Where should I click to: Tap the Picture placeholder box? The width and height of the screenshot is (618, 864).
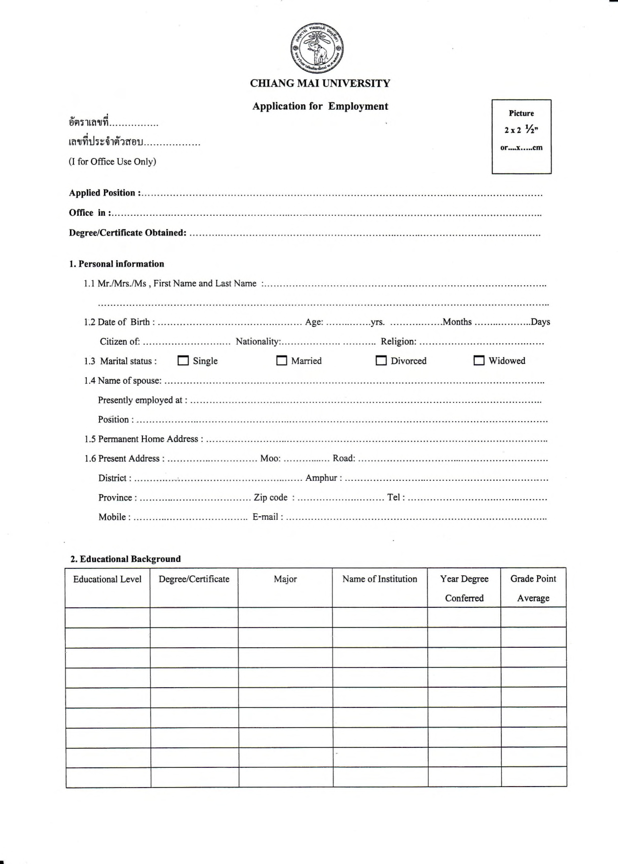[521, 137]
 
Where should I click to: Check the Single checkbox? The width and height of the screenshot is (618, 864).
[183, 360]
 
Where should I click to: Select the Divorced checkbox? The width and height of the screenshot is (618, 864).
[381, 360]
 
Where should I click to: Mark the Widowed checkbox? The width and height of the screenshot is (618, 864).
[479, 360]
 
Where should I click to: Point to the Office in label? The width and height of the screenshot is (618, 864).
[90, 213]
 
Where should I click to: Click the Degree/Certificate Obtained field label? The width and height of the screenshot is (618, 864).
[127, 233]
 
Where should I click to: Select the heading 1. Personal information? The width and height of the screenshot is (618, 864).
[117, 264]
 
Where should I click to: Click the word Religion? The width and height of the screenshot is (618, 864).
[398, 342]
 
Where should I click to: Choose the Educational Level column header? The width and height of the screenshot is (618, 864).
[107, 579]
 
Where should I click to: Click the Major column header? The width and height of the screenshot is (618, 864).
[285, 579]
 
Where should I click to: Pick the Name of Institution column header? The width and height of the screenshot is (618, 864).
[379, 579]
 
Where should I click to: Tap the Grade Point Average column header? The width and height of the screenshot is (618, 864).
[533, 588]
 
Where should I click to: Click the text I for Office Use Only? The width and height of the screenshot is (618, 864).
[112, 162]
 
